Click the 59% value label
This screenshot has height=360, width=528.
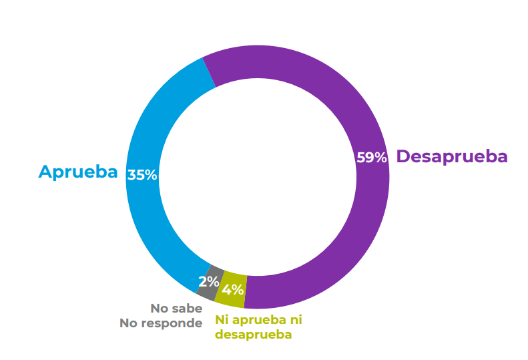click(372, 158)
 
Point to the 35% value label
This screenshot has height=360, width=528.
click(142, 175)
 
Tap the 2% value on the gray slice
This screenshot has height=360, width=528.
click(208, 281)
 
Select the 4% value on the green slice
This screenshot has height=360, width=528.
click(232, 290)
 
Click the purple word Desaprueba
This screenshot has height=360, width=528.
click(452, 156)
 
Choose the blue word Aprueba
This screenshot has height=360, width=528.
click(78, 172)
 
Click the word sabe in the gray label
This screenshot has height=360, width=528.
click(187, 309)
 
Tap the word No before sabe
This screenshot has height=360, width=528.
click(160, 309)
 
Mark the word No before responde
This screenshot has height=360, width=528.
click(129, 323)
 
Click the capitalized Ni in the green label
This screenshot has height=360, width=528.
click(221, 319)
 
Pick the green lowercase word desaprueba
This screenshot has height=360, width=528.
click(253, 334)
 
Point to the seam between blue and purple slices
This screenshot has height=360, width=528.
click(209, 72)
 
